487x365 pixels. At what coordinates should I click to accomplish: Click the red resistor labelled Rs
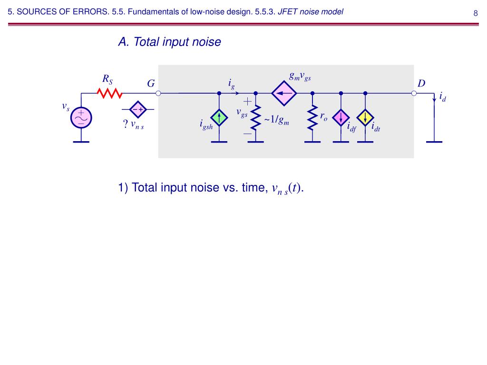[x=110, y=93]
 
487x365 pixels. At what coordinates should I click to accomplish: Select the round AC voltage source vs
[x=81, y=118]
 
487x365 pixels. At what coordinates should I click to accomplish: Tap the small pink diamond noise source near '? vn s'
[x=138, y=109]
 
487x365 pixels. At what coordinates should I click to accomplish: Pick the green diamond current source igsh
[x=219, y=118]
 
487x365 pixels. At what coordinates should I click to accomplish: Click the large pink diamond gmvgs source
[x=284, y=93]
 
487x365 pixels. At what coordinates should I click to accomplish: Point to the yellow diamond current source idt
[x=365, y=118]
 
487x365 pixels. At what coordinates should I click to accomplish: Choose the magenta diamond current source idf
[x=341, y=118]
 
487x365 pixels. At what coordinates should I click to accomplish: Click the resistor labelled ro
[x=312, y=118]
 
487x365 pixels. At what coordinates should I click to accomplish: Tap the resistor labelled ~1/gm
[x=255, y=118]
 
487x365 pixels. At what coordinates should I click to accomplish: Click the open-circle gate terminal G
[x=158, y=93]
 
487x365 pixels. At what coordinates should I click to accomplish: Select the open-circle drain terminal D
[x=414, y=93]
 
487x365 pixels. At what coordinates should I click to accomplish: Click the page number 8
[x=476, y=13]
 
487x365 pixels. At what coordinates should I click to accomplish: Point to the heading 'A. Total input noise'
[x=170, y=42]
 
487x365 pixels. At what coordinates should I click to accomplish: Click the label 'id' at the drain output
[x=443, y=97]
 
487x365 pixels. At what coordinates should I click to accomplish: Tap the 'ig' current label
[x=232, y=84]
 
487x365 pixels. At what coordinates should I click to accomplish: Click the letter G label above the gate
[x=151, y=83]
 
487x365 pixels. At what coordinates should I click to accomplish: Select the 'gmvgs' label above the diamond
[x=300, y=77]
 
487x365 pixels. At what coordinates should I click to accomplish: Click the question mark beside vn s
[x=126, y=124]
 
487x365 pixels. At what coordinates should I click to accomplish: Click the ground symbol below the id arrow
[x=434, y=142]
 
